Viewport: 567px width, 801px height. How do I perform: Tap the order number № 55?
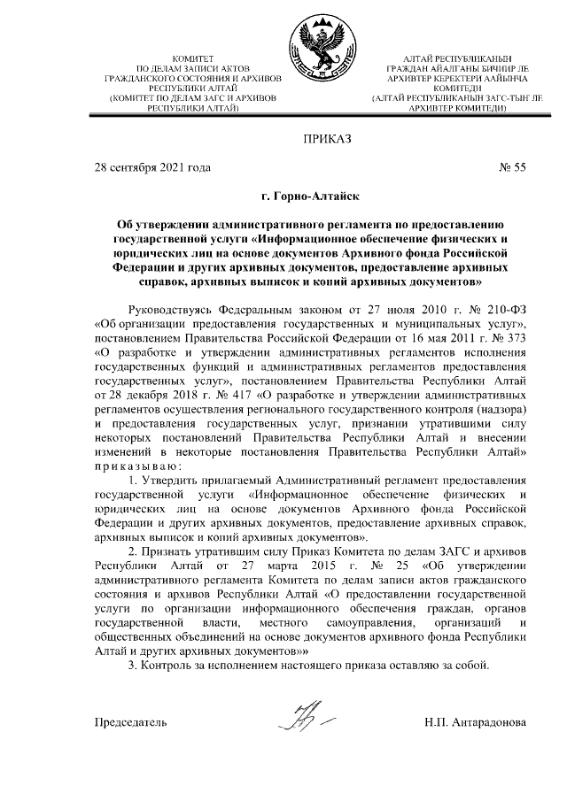513,166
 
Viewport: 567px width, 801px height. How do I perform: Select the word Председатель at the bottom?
130,722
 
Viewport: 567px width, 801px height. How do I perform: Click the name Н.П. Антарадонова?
476,722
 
